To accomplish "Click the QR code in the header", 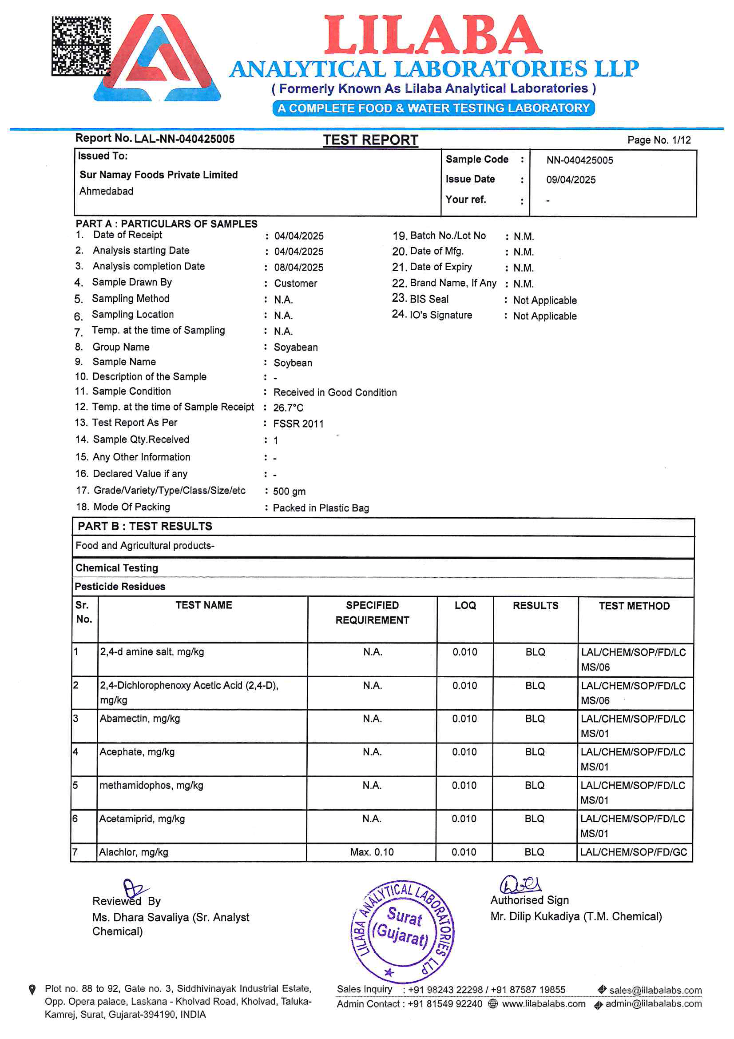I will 80,46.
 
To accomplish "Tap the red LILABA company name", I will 433,35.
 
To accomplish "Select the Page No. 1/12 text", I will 659,140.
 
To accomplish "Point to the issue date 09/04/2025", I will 570,180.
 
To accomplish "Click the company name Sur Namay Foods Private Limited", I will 158,175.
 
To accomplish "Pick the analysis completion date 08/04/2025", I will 298,268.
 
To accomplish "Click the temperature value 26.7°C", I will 288,408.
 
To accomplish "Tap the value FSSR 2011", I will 298,424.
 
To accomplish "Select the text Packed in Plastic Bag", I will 321,508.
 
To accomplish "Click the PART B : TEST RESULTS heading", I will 145,526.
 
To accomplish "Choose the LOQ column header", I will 465,605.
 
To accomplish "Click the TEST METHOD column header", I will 634,606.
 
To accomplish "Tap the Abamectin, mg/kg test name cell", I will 140,719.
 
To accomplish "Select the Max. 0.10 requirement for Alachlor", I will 372,852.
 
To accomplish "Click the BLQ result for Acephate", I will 535,752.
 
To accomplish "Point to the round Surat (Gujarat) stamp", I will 402,931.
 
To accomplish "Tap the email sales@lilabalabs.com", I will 655,991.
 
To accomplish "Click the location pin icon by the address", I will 32,990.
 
